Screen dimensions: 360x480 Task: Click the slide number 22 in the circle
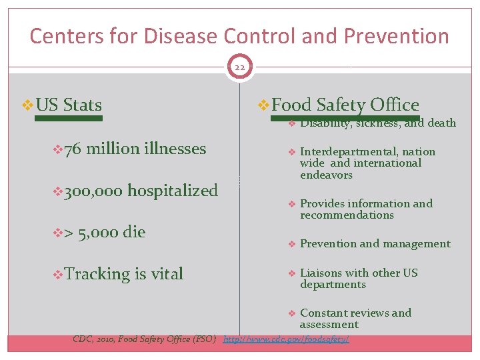click(x=239, y=67)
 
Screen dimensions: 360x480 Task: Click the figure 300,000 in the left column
click(x=94, y=191)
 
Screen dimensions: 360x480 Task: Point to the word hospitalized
click(x=173, y=191)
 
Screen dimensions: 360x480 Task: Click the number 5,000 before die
click(x=99, y=232)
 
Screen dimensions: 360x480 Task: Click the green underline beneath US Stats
click(x=68, y=118)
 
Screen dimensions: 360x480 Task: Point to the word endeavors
click(x=326, y=175)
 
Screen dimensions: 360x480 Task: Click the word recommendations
click(x=347, y=215)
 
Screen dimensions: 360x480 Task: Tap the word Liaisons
click(x=321, y=273)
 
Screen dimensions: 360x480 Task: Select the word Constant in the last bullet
click(x=321, y=313)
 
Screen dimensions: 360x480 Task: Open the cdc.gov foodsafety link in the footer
click(x=286, y=339)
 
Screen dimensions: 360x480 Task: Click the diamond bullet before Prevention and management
click(x=291, y=244)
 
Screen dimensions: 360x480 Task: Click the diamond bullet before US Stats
click(x=27, y=105)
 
